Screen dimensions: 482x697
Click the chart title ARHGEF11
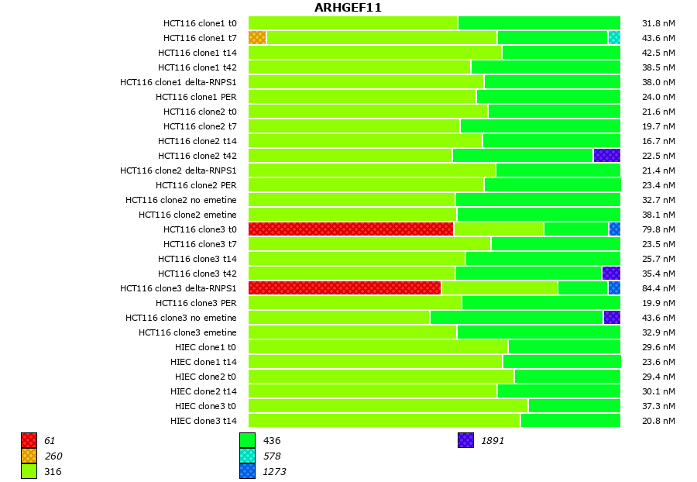click(348, 8)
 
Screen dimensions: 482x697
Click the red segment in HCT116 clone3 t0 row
click(351, 229)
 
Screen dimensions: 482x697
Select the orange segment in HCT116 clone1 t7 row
click(257, 38)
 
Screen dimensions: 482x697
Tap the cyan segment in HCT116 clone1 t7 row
click(614, 38)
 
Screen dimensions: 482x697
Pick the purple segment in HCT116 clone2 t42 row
click(607, 156)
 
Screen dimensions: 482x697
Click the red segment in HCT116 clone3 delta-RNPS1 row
click(345, 288)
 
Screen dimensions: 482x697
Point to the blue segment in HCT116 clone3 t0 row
click(615, 229)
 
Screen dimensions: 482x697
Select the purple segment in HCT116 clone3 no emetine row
click(612, 318)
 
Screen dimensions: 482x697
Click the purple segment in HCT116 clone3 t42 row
click(611, 274)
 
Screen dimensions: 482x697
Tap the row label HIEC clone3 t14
click(204, 421)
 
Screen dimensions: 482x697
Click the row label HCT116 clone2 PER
click(196, 185)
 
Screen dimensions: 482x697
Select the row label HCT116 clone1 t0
click(200, 23)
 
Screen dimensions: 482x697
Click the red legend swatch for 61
click(29, 440)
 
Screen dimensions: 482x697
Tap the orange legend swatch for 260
click(29, 456)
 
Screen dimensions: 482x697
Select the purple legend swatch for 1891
click(465, 440)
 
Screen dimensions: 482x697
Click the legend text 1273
click(274, 471)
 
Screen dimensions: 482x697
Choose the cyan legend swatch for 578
click(247, 456)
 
